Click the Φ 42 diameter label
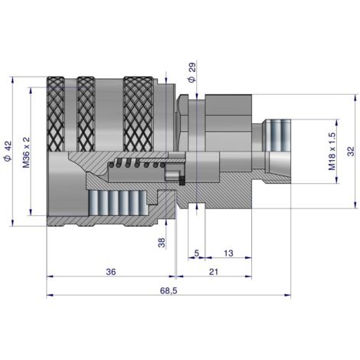(x=8, y=151)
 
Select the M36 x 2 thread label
(x=26, y=152)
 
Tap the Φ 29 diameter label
(x=191, y=72)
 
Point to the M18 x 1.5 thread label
(x=332, y=151)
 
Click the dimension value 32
(x=351, y=152)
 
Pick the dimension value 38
(x=162, y=243)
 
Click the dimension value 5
(x=197, y=254)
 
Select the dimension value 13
(x=228, y=254)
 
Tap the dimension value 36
(x=111, y=272)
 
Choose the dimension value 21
(x=214, y=272)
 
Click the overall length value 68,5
(x=169, y=290)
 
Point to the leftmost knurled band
(x=56, y=114)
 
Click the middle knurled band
(x=86, y=114)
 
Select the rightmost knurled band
(x=138, y=114)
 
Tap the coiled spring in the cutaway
(x=137, y=163)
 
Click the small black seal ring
(x=182, y=181)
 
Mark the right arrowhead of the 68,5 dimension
(x=287, y=295)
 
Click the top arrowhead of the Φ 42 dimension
(x=12, y=80)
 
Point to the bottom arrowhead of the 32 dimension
(x=355, y=205)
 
